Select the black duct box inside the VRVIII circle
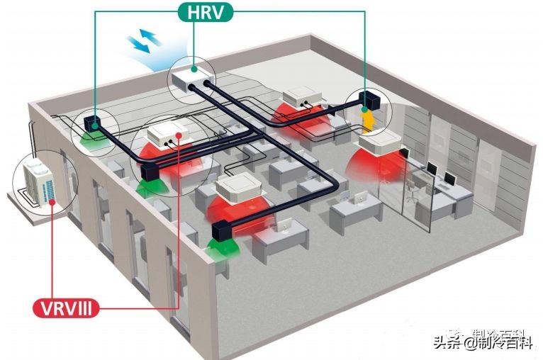pos(148,173)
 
